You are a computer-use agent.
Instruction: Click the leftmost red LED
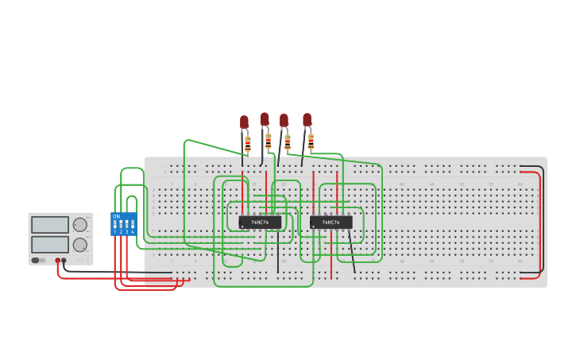click(245, 122)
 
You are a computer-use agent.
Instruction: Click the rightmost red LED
click(307, 119)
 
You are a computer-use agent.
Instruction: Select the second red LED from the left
click(265, 119)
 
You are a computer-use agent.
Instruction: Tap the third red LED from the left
click(284, 121)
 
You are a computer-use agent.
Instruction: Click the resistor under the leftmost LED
click(248, 145)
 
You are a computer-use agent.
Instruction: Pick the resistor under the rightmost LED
click(311, 142)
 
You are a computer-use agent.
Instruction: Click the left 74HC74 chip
click(260, 223)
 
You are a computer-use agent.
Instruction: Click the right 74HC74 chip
click(331, 223)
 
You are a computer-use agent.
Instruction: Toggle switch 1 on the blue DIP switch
click(115, 225)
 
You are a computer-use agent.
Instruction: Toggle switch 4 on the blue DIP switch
click(133, 225)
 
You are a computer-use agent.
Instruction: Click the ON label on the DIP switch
click(116, 216)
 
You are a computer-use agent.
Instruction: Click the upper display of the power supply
click(50, 225)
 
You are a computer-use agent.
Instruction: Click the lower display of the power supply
click(50, 244)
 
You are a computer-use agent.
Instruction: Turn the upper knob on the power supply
click(80, 225)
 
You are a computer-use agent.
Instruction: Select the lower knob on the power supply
click(80, 245)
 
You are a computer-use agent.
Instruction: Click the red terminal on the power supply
click(57, 261)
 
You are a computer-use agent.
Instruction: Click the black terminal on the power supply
click(64, 261)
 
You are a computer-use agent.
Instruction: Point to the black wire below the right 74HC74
click(351, 253)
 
